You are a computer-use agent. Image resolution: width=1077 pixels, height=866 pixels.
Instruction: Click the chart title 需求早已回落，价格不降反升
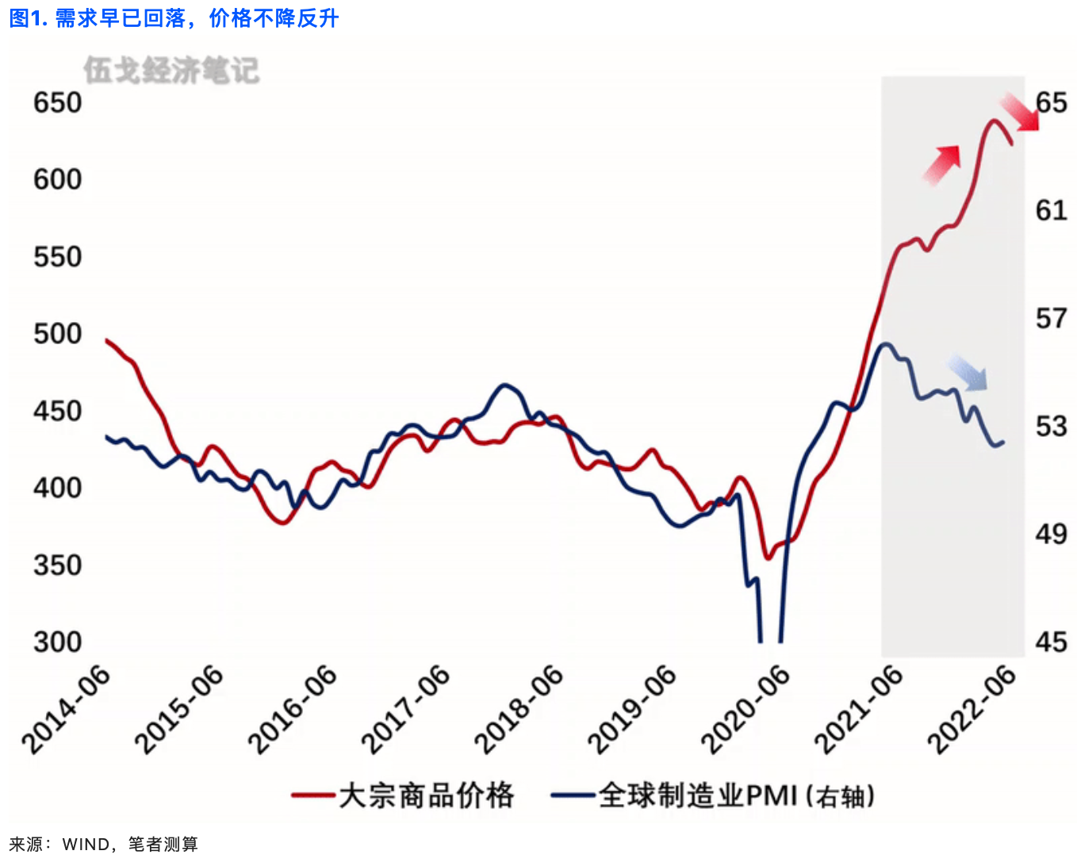point(174,17)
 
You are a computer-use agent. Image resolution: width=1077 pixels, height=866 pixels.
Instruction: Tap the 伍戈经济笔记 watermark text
point(171,70)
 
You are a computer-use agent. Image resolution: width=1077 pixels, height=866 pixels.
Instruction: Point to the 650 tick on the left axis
point(57,103)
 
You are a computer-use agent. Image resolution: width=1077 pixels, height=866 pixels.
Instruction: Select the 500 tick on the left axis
point(57,334)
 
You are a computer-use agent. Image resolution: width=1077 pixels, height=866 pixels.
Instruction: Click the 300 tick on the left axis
point(57,642)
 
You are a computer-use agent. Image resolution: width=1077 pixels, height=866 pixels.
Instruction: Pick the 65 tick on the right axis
point(1052,103)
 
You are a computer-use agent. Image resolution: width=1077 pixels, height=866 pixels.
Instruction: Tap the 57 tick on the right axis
point(1052,319)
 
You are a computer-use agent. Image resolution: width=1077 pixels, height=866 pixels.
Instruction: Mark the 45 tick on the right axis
point(1052,642)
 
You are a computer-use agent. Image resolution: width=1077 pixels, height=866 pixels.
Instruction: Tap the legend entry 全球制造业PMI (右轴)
point(714,795)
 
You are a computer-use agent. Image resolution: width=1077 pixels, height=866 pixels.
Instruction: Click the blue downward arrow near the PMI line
point(968,373)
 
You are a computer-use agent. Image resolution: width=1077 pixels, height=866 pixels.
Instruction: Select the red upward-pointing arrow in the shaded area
point(942,164)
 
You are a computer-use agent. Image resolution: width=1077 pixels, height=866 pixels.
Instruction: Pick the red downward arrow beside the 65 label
point(1019,112)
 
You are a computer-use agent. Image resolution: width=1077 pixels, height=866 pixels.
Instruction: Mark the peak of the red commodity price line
point(993,121)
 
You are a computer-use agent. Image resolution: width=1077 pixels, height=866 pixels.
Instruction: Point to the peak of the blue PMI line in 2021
point(885,344)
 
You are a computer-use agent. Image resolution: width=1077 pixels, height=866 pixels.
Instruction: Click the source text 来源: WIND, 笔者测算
point(103,845)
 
